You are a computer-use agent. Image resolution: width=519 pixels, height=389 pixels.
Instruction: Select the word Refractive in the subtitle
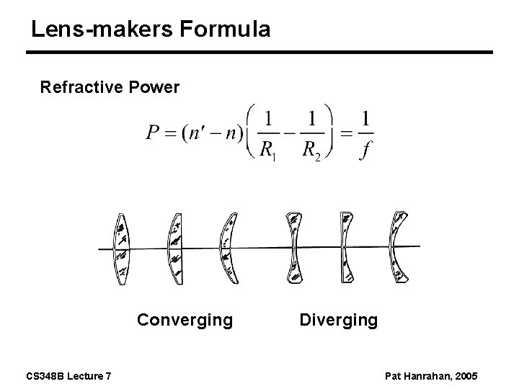tap(80, 88)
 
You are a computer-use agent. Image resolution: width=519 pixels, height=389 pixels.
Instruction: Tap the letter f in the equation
tap(365, 152)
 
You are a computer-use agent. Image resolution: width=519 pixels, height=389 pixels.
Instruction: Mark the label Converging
tap(185, 319)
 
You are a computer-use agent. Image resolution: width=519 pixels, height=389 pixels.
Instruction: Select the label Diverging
tap(338, 319)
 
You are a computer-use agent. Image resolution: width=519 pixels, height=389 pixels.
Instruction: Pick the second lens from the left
tap(175, 249)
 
